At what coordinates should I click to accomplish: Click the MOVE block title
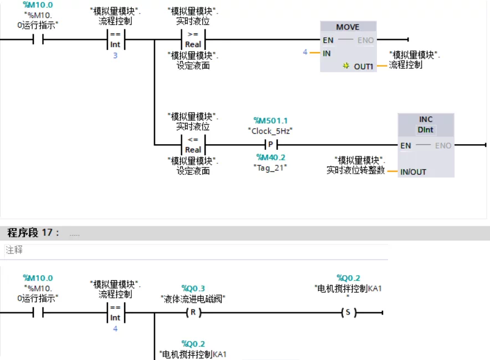(348, 27)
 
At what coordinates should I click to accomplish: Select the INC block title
(426, 119)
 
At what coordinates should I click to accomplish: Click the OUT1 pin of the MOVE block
(364, 67)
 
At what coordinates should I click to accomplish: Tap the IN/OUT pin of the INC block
(413, 172)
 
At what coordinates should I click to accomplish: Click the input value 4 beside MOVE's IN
(305, 52)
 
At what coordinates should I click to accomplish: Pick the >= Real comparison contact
(193, 39)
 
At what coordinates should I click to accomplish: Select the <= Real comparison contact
(193, 145)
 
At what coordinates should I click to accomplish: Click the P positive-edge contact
(270, 145)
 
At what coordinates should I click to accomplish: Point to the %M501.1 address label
(270, 120)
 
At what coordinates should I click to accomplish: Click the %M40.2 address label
(270, 158)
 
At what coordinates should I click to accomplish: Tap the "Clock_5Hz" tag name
(270, 131)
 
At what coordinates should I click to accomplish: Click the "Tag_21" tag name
(270, 168)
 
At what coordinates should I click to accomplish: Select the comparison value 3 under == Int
(115, 55)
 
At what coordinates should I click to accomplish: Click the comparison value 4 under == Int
(115, 329)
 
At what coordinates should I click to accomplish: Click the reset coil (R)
(193, 312)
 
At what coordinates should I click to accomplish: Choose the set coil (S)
(348, 312)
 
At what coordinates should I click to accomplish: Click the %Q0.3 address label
(193, 288)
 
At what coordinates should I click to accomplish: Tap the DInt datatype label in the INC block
(426, 130)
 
